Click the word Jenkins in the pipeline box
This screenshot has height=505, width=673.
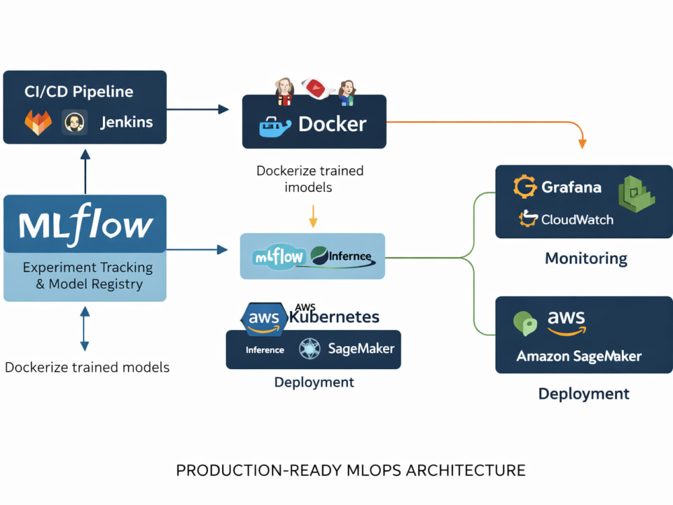[x=127, y=123]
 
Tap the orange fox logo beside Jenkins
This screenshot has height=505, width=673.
[x=38, y=123]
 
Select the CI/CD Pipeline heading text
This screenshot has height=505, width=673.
[x=79, y=92]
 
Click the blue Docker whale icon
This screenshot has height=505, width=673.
[x=275, y=127]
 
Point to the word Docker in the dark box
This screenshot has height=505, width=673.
[x=332, y=124]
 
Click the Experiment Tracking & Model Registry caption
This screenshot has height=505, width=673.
[x=88, y=275]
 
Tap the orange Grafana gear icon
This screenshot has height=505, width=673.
[x=525, y=187]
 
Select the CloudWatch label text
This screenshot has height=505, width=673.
[x=577, y=220]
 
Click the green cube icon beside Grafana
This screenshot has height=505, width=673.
[x=637, y=194]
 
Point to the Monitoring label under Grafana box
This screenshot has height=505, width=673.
[x=586, y=259]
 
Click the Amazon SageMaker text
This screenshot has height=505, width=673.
[x=579, y=356]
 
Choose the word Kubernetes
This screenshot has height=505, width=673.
[x=334, y=317]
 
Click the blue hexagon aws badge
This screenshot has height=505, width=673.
[x=264, y=318]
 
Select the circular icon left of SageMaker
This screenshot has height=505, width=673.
[x=310, y=349]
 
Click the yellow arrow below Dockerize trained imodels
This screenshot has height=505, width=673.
[x=314, y=216]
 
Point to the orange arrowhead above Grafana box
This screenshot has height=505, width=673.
[x=582, y=144]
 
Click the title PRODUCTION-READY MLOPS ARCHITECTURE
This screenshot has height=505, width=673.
[x=351, y=471]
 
